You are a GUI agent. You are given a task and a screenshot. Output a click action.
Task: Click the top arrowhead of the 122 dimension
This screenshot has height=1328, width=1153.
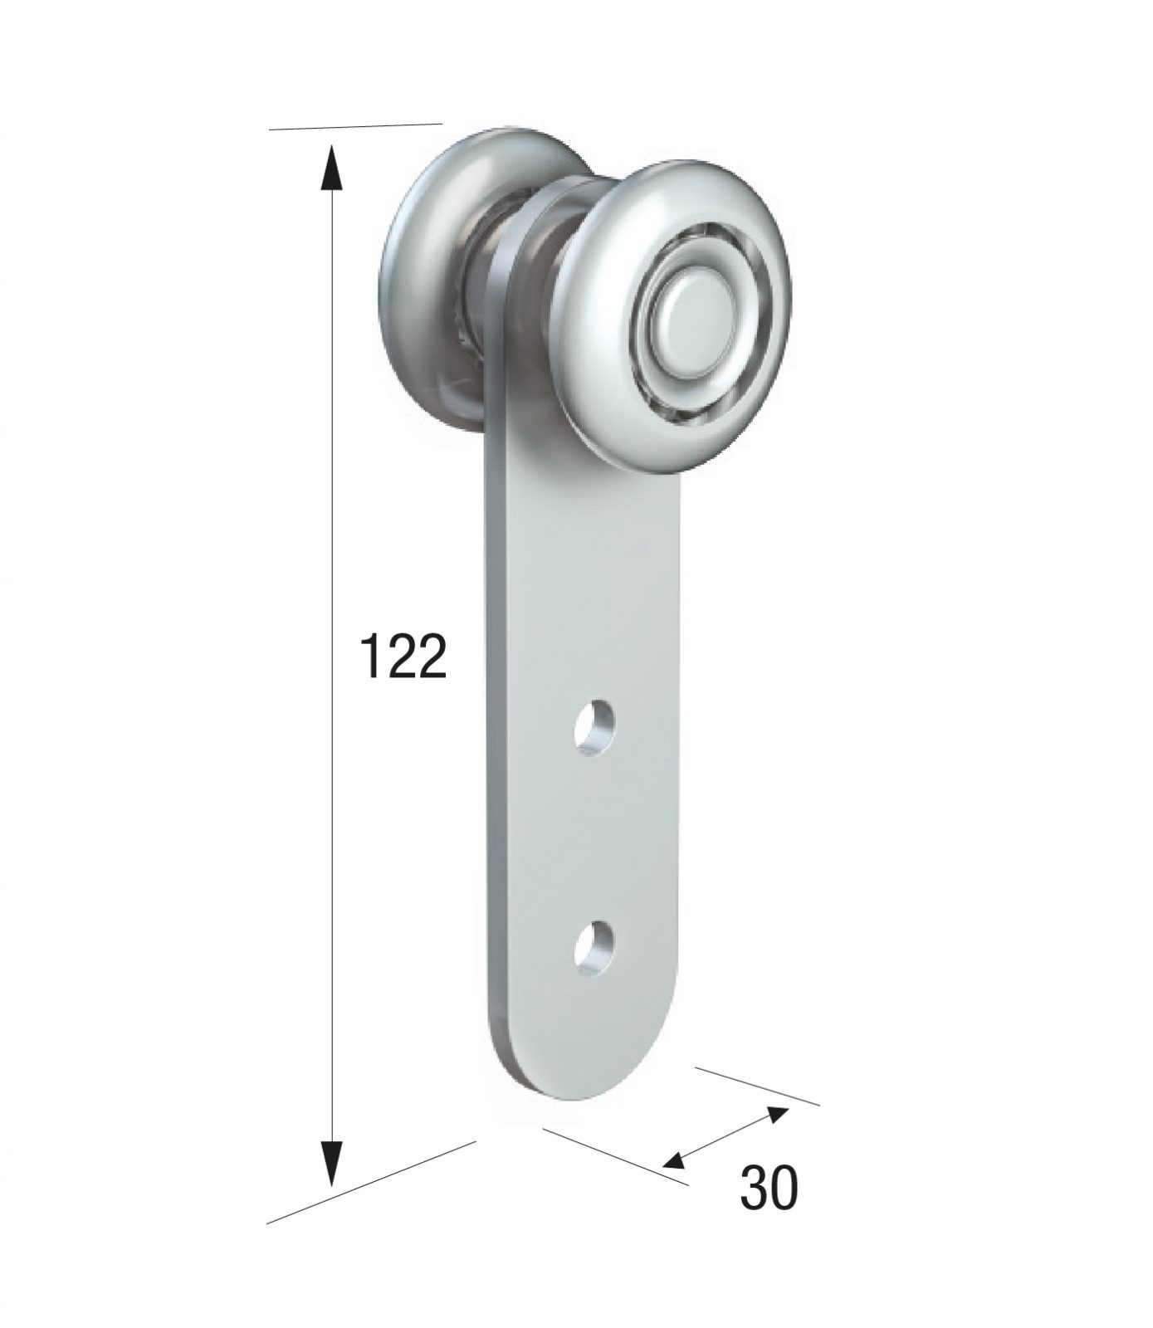(330, 168)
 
